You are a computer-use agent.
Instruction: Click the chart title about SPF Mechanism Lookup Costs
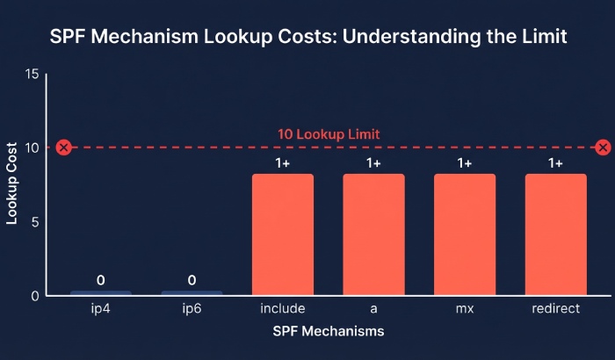coord(307,38)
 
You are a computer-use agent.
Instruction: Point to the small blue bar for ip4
coord(100,292)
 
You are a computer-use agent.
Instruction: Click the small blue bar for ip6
coord(192,292)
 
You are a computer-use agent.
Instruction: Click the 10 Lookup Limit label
coord(329,135)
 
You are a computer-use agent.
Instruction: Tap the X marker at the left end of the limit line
coord(63,148)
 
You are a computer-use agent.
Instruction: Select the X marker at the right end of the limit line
coord(603,148)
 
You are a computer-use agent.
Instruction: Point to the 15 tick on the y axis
coord(33,74)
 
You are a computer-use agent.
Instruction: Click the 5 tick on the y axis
coord(35,222)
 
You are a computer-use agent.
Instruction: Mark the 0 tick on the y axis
coord(35,296)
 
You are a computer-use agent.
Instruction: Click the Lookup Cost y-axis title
coord(12,185)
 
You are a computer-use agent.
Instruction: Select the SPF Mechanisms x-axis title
coord(328,332)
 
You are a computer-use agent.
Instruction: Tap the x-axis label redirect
coord(555,310)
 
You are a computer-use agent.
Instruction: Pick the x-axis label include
coord(282,310)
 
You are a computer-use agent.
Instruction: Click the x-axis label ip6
coord(192,310)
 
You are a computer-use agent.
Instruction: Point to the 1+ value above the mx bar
coord(465,163)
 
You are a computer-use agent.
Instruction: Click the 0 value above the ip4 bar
coord(100,280)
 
